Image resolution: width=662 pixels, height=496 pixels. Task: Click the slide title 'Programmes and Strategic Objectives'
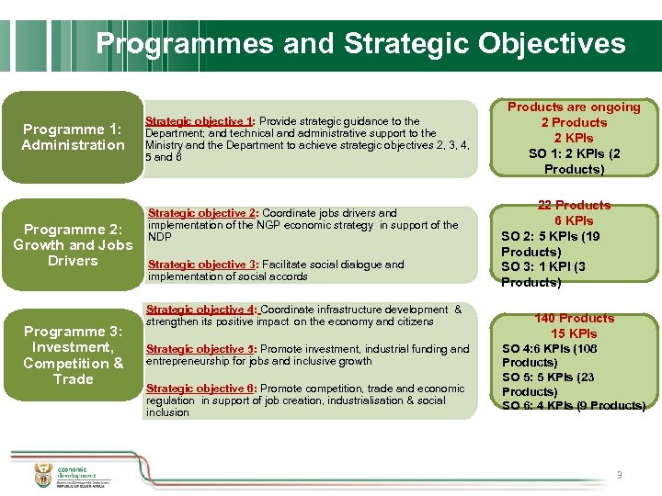360,43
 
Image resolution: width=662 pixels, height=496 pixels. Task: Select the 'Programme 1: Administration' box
73,137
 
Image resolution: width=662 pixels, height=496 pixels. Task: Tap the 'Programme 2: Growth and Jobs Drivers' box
73,244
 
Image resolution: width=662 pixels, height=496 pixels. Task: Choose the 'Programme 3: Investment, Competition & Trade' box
73,355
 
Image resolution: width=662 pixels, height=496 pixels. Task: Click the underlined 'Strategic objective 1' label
199,121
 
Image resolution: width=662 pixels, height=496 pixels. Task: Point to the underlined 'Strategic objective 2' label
201,213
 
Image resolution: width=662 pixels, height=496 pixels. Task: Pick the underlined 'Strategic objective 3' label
201,265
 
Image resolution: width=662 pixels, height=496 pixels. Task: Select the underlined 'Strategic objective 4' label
201,310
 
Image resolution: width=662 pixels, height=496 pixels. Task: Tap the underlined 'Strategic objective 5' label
200,349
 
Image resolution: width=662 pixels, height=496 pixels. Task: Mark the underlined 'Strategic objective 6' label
200,389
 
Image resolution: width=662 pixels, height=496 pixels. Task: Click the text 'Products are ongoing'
574,107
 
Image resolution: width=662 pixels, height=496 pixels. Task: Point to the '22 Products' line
574,205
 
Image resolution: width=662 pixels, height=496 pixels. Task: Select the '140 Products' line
574,318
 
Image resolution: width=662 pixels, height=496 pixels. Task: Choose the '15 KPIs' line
574,333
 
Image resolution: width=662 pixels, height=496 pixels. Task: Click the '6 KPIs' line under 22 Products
574,220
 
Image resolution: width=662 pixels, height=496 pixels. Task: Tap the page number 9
619,475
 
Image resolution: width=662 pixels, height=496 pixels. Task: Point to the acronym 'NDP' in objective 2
159,237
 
